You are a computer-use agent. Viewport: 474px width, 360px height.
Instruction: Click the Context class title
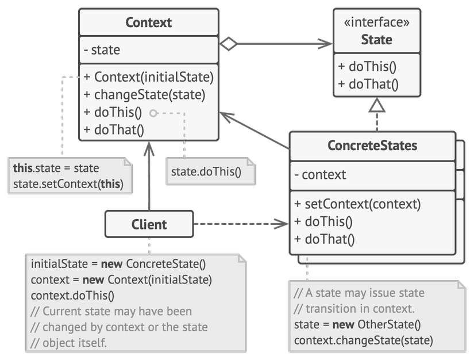148,22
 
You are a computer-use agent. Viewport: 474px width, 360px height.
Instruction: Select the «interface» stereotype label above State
377,22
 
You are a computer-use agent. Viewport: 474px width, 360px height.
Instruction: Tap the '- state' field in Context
102,50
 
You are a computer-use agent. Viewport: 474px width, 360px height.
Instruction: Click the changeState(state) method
144,95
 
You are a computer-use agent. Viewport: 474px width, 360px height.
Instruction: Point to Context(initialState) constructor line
148,77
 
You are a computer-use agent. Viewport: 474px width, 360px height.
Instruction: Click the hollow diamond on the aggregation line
229,44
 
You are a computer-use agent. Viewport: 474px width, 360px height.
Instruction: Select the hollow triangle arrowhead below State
377,105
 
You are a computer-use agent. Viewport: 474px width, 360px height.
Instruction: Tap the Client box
149,224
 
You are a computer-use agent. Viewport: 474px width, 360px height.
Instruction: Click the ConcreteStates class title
372,145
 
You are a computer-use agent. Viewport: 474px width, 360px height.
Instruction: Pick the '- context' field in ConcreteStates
320,175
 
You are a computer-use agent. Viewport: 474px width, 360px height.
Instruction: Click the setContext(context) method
357,204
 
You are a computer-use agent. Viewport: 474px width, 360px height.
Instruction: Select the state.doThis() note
210,171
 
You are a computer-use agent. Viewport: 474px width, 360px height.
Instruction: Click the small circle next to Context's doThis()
153,113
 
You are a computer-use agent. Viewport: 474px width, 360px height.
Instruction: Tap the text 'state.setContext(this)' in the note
68,184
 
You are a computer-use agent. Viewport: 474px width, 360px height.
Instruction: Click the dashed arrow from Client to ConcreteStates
241,224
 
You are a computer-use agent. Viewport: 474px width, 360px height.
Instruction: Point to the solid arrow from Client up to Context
149,176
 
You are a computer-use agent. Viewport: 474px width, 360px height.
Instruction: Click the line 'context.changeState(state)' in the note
363,340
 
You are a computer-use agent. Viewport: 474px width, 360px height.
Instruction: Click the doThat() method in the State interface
368,84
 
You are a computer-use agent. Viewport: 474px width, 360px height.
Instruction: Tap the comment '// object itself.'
68,343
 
